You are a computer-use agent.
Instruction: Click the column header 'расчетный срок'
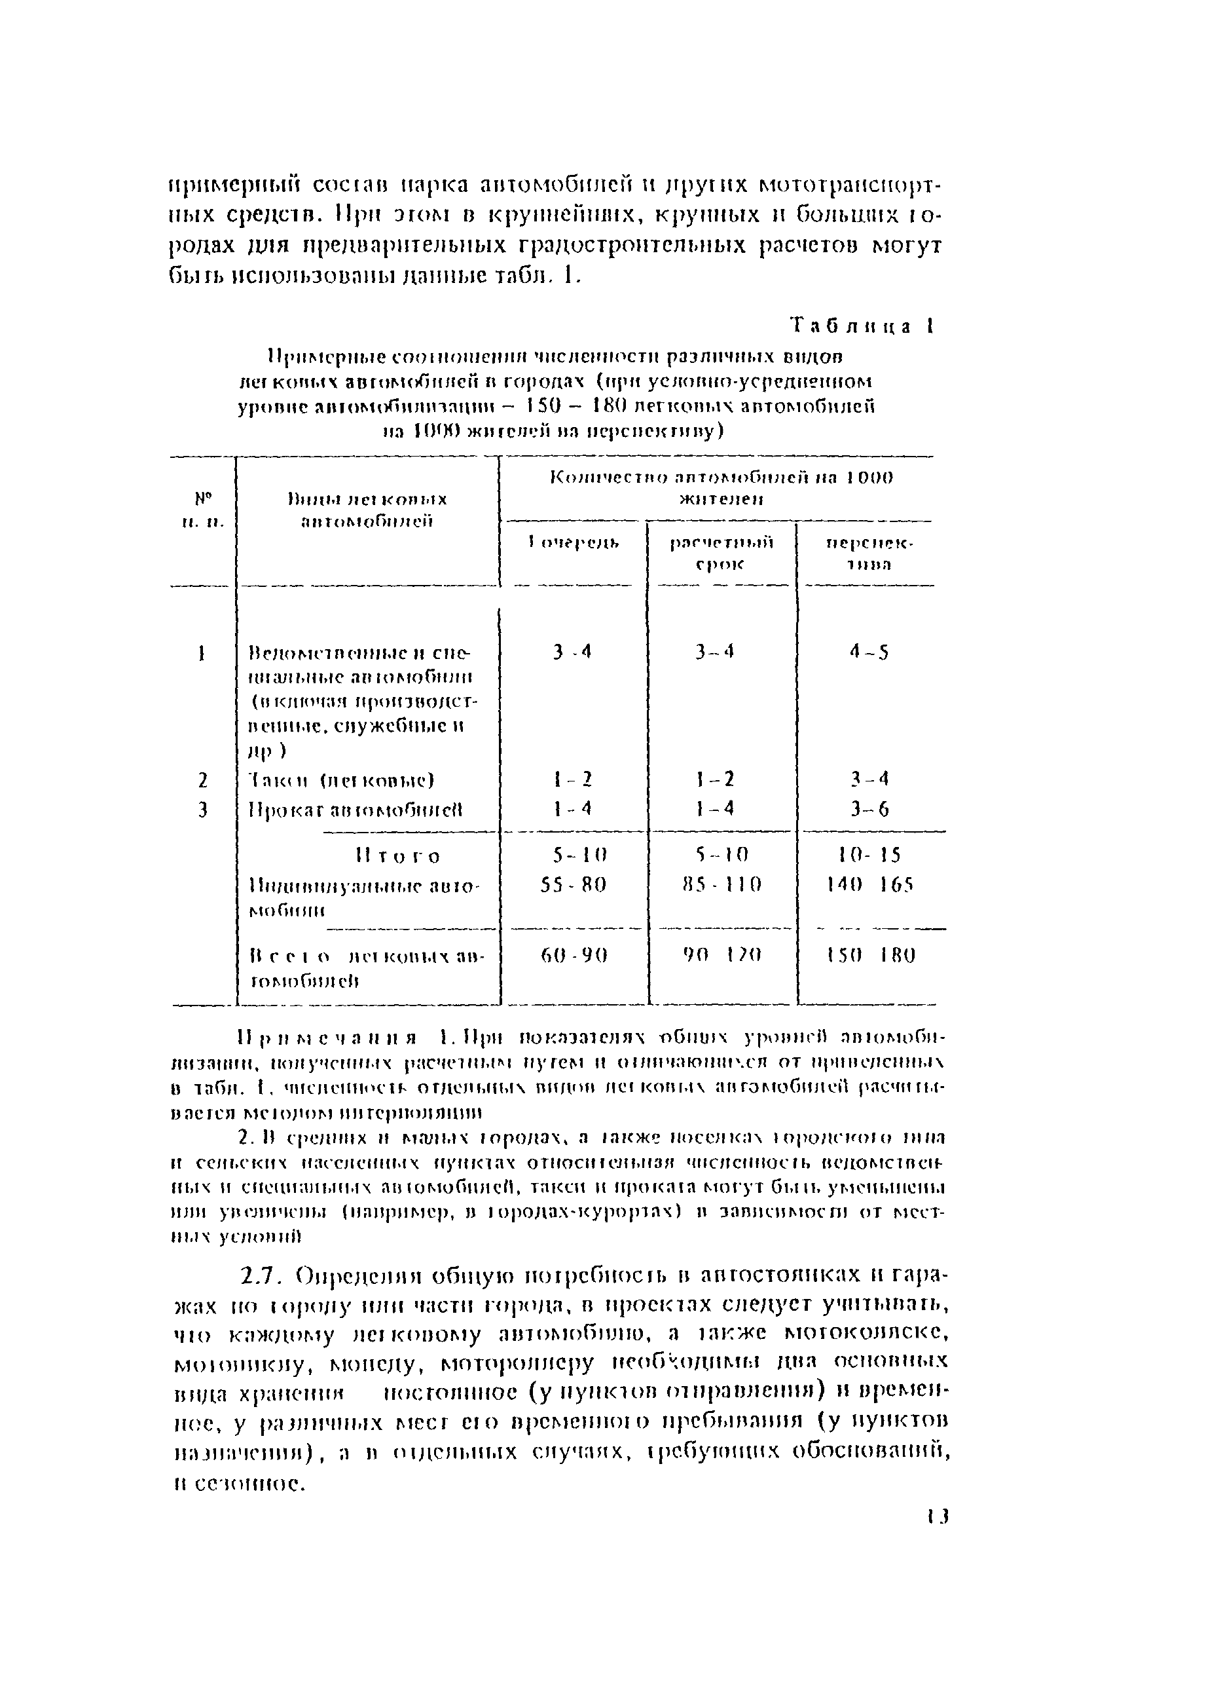pyautogui.click(x=720, y=553)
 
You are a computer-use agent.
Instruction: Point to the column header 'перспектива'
pyautogui.click(x=869, y=553)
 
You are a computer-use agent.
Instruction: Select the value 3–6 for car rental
pyautogui.click(x=869, y=810)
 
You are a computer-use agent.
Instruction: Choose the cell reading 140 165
pyautogui.click(x=869, y=885)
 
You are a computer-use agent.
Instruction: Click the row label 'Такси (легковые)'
pyautogui.click(x=340, y=780)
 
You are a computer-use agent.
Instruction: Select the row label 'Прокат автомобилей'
pyautogui.click(x=355, y=810)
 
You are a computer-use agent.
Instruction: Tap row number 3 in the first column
pyautogui.click(x=202, y=810)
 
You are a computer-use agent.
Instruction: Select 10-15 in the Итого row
pyautogui.click(x=869, y=854)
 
